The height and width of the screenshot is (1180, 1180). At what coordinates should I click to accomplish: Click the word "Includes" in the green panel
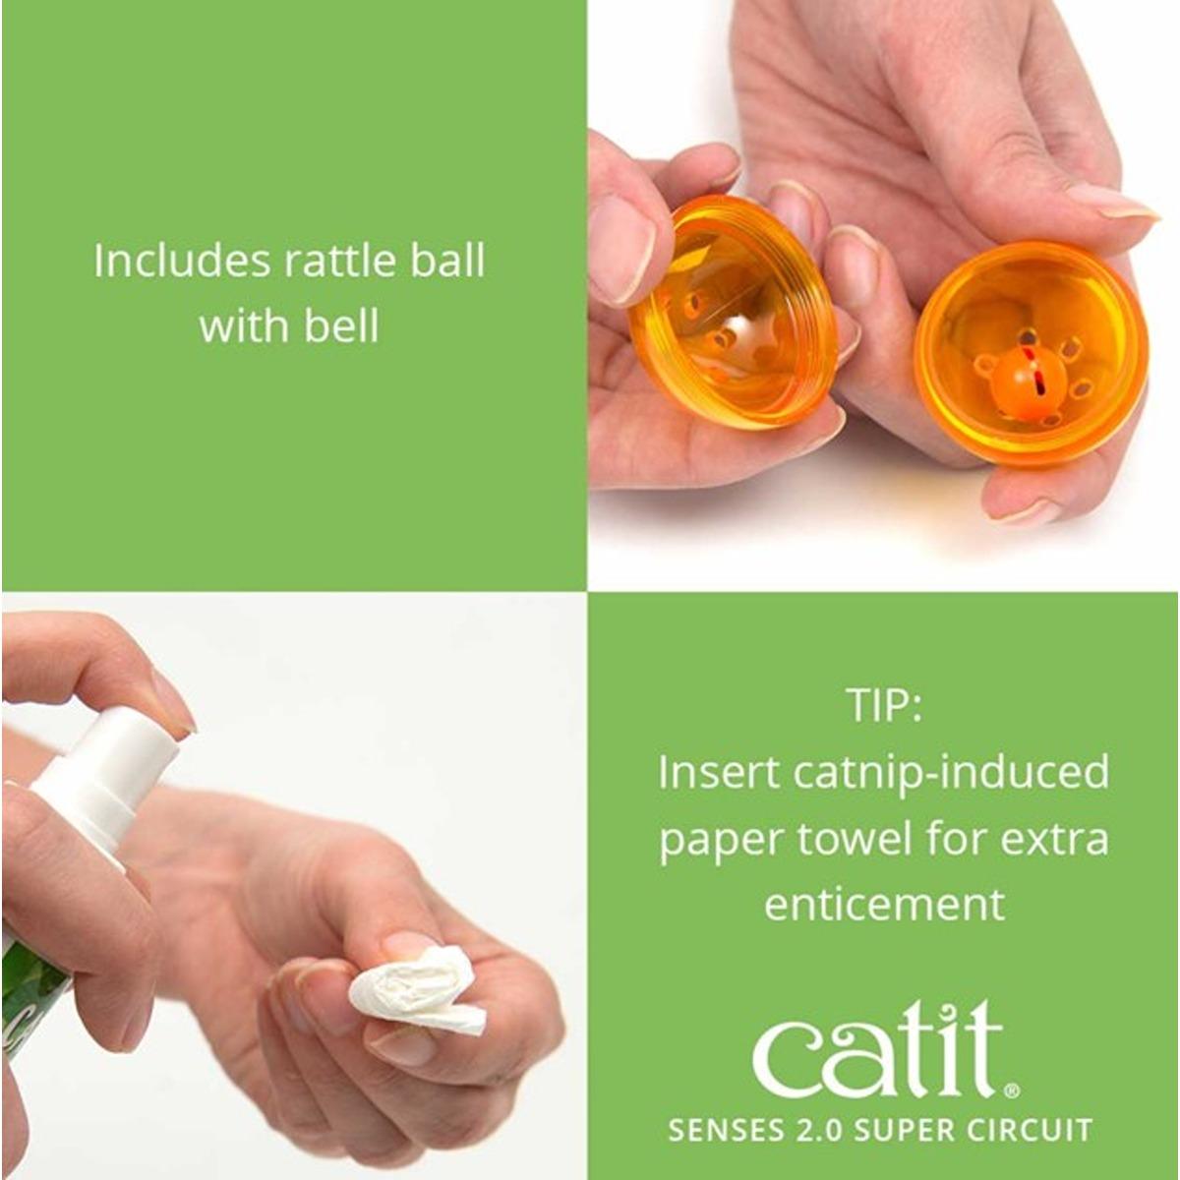pos(182,261)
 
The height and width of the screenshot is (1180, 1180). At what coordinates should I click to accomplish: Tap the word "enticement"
pos(885,904)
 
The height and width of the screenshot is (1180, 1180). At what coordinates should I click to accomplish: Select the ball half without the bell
pos(735,319)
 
